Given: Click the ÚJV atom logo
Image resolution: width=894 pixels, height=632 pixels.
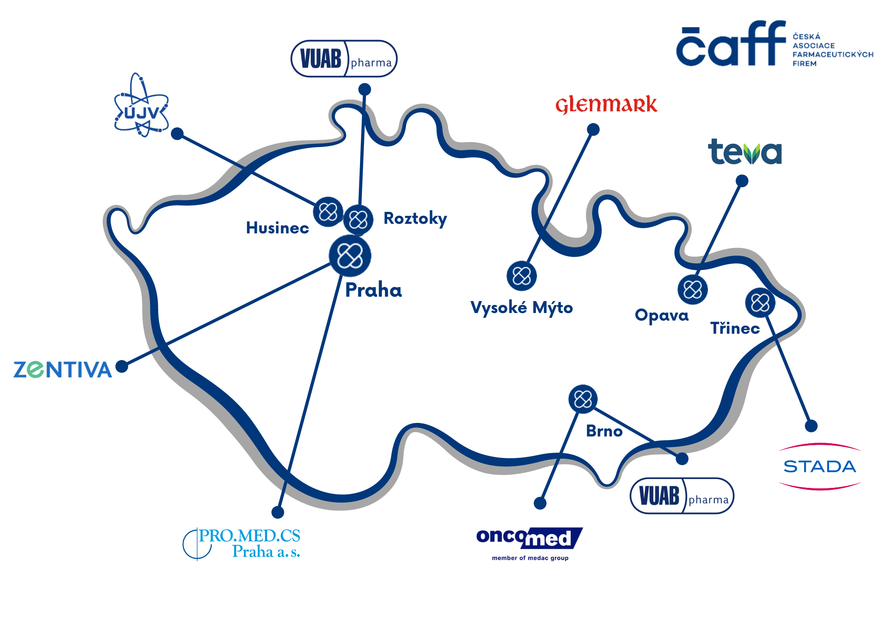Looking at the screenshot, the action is click(x=141, y=106).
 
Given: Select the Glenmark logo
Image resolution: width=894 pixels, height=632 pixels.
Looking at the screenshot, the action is click(x=606, y=105).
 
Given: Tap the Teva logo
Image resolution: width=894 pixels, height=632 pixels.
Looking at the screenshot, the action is click(x=745, y=152).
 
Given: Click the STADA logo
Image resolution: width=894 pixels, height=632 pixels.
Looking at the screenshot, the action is click(x=820, y=466).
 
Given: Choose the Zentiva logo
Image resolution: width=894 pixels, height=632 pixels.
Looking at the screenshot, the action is click(x=63, y=370).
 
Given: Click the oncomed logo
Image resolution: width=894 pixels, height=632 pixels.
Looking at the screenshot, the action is click(x=530, y=543).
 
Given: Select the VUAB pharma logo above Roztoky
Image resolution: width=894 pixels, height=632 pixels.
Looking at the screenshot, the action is click(x=344, y=59).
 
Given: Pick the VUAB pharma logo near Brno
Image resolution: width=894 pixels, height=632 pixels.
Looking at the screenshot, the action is click(x=682, y=496).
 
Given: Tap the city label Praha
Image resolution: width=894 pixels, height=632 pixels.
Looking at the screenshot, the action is click(x=374, y=290).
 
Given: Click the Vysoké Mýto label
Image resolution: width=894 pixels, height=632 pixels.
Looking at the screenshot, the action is click(x=522, y=308).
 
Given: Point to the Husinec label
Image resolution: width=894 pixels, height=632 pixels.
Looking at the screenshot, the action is click(x=278, y=228).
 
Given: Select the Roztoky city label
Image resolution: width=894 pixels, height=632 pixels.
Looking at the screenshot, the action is click(x=415, y=219).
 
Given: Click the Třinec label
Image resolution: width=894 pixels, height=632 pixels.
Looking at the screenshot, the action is click(x=735, y=328).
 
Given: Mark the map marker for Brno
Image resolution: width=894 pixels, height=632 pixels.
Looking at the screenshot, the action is click(x=583, y=399).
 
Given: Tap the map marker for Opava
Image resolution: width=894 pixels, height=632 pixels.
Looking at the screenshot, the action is click(x=693, y=290).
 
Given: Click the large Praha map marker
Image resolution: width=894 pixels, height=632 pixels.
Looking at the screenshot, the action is click(x=350, y=256).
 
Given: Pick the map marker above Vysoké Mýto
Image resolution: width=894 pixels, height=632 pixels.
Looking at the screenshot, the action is click(x=522, y=276).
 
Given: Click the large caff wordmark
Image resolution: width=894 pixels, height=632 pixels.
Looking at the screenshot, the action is click(x=731, y=43).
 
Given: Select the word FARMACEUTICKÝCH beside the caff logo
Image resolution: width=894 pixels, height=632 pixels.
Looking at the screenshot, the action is click(x=833, y=55).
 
